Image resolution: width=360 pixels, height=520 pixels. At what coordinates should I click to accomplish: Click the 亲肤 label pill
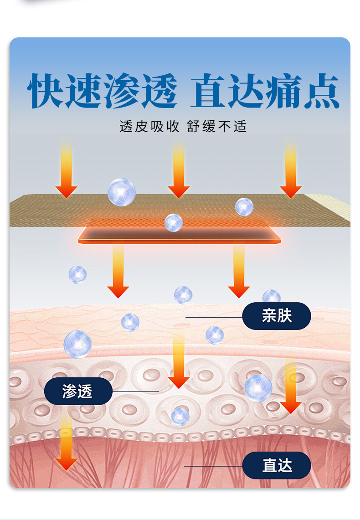tap(276, 316)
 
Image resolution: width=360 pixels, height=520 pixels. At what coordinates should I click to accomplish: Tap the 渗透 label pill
tap(78, 391)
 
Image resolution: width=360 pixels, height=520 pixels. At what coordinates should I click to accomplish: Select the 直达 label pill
tap(276, 466)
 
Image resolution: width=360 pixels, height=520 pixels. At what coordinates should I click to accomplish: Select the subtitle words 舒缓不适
tap(217, 126)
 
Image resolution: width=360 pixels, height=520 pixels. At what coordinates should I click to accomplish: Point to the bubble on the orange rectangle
tap(174, 222)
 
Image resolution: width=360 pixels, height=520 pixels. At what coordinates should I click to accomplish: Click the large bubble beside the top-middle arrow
tap(122, 192)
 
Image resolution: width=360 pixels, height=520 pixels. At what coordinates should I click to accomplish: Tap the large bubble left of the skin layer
tap(77, 344)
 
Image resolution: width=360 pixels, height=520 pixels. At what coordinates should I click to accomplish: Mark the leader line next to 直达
tap(213, 466)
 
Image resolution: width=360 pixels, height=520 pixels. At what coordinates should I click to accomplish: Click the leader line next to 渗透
tap(135, 391)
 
